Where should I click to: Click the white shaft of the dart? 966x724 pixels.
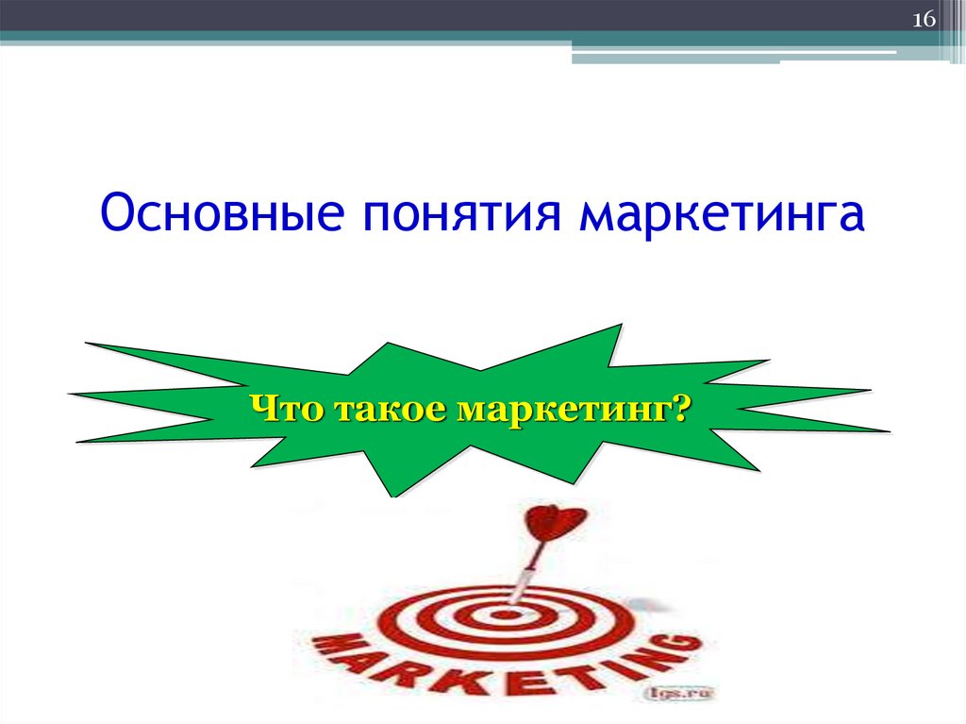[x=525, y=576]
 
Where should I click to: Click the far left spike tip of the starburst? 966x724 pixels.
[x=71, y=394]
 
